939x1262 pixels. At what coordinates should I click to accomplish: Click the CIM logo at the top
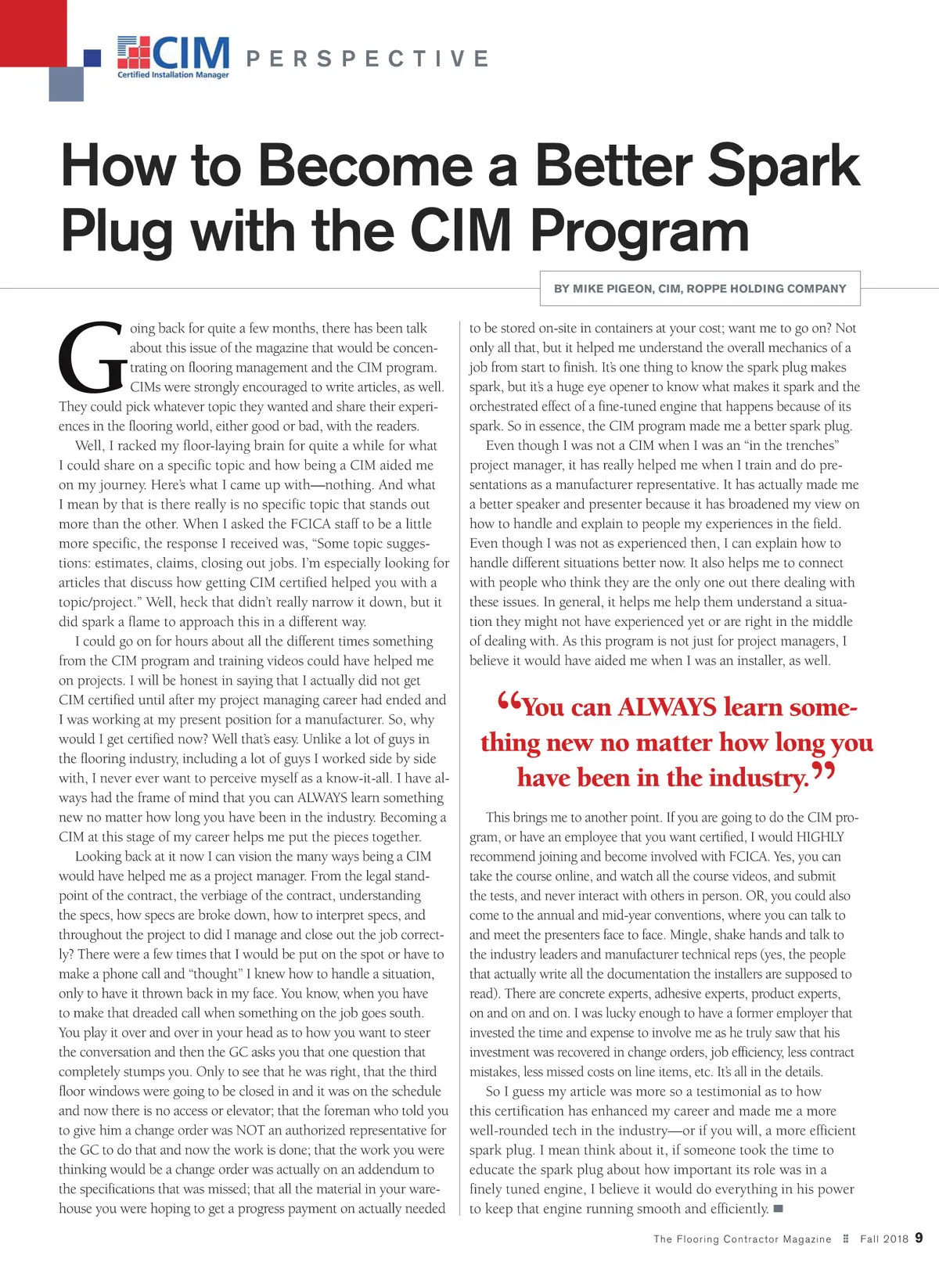click(174, 53)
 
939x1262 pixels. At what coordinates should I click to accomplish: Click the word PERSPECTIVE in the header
click(368, 59)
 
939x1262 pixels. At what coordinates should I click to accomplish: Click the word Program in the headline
click(639, 231)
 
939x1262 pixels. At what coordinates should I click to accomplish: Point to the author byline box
click(700, 289)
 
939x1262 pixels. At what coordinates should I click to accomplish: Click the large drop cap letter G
click(92, 357)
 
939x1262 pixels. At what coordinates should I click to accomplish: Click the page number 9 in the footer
click(919, 1238)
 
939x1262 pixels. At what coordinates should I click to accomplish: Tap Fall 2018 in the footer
click(884, 1239)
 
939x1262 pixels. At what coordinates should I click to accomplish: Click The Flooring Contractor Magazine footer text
click(742, 1239)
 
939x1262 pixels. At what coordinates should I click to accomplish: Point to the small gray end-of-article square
click(779, 1209)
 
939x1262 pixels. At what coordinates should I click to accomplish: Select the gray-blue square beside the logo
click(66, 84)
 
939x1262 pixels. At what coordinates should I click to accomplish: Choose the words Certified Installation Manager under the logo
click(173, 75)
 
